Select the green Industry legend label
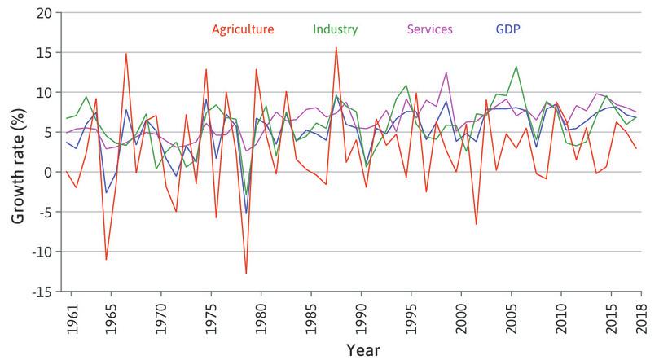click(335, 30)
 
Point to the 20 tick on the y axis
click(46, 13)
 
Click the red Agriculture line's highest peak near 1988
click(336, 47)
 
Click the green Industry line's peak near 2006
click(516, 67)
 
